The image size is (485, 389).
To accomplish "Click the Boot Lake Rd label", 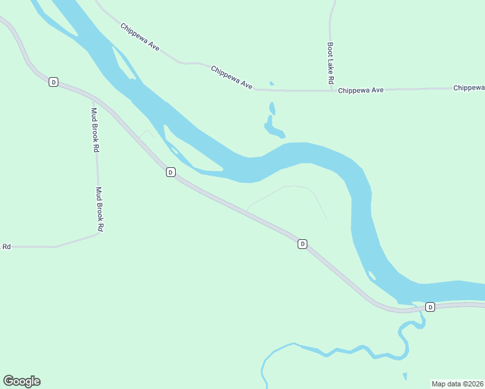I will [x=330, y=64].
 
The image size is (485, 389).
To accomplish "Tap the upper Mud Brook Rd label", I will [x=95, y=129].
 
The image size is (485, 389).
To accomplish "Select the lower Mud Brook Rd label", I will [x=100, y=209].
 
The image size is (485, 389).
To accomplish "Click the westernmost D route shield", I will [x=53, y=82].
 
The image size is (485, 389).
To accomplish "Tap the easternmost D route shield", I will [x=429, y=306].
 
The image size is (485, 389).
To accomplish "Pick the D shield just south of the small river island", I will [x=170, y=172].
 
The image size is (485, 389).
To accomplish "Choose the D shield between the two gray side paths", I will [x=302, y=244].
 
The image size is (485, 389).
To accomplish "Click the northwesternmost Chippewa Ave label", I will [x=140, y=38].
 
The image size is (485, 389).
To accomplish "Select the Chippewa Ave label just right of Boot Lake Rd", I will [x=361, y=91].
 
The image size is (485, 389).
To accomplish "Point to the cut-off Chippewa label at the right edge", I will [x=469, y=88].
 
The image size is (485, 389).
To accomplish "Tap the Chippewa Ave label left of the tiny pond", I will [x=231, y=77].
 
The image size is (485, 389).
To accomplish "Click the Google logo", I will [x=21, y=381].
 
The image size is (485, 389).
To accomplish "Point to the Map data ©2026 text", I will [x=458, y=383].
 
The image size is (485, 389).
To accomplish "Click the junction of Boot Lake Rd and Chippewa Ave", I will [x=331, y=90].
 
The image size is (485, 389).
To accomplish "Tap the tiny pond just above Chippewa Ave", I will [x=271, y=83].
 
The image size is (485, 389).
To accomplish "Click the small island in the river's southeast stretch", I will [x=372, y=276].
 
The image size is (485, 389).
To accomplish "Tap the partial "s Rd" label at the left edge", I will [x=6, y=246].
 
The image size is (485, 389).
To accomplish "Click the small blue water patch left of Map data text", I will [x=405, y=376].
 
